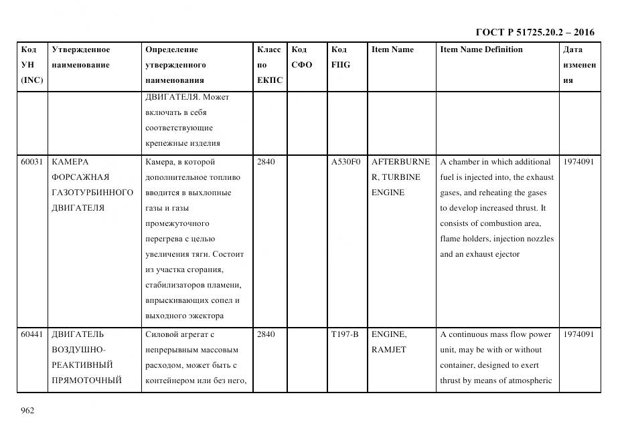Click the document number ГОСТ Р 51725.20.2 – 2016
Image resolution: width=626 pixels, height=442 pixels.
click(x=534, y=32)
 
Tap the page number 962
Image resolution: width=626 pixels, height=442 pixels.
click(x=27, y=411)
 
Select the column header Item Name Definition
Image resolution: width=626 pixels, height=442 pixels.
click(x=481, y=49)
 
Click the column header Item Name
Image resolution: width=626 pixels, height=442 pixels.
click(x=392, y=49)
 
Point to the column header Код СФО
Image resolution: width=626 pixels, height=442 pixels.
click(x=301, y=57)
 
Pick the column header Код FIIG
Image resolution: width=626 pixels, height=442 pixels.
click(x=340, y=57)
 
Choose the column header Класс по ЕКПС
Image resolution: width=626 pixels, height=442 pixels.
click(x=269, y=65)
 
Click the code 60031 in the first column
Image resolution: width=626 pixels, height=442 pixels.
click(x=32, y=162)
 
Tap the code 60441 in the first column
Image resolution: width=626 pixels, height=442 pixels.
click(x=32, y=334)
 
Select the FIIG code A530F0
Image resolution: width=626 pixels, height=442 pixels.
click(x=345, y=162)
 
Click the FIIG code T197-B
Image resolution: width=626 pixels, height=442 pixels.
click(x=345, y=334)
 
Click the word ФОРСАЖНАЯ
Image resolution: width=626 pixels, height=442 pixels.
click(x=80, y=177)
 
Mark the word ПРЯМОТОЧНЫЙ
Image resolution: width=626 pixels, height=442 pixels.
click(x=86, y=380)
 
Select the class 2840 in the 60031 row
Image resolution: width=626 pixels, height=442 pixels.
click(x=266, y=162)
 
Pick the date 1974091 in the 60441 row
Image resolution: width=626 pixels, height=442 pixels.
click(x=578, y=334)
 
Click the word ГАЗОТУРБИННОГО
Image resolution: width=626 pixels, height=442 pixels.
click(x=92, y=193)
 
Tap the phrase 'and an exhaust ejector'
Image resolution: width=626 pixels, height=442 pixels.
click(x=479, y=254)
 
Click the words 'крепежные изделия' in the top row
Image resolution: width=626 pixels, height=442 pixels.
click(x=182, y=143)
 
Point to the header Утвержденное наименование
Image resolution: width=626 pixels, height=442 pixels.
click(x=81, y=57)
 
